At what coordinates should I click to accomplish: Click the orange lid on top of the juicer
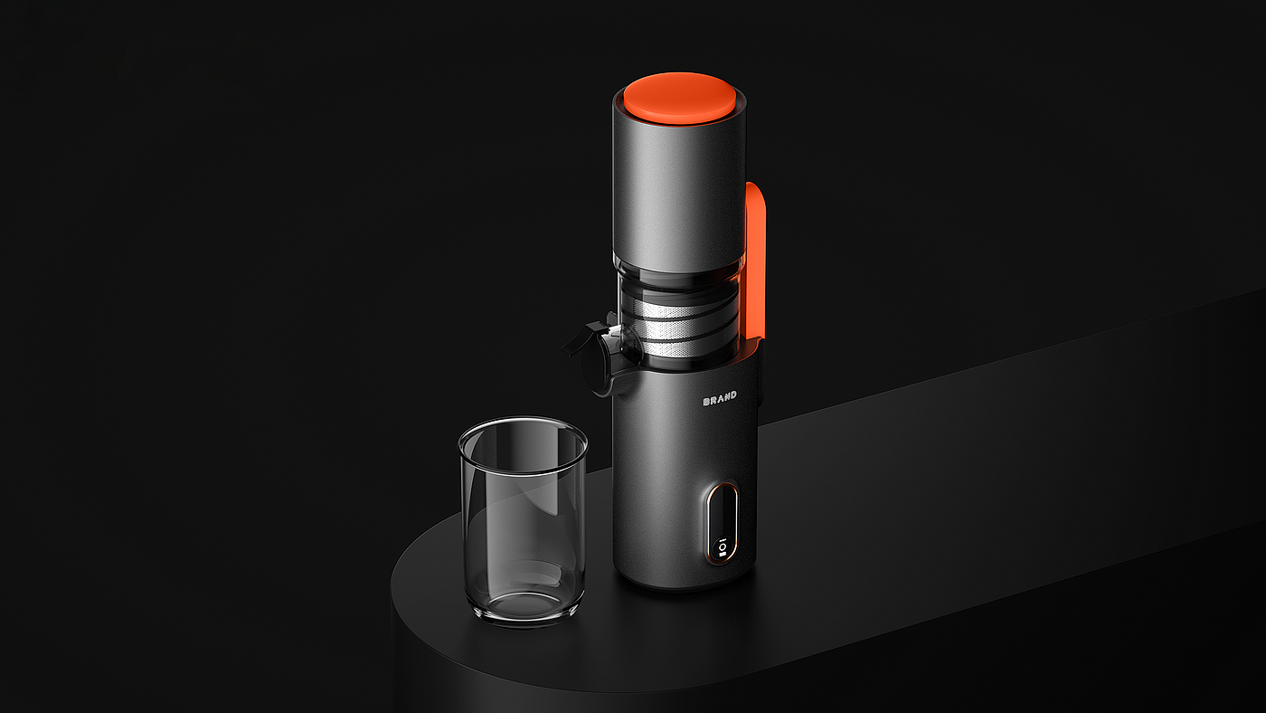click(680, 97)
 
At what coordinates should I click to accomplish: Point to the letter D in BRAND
click(733, 395)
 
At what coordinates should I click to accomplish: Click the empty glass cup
click(523, 520)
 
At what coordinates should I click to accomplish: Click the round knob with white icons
click(723, 549)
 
